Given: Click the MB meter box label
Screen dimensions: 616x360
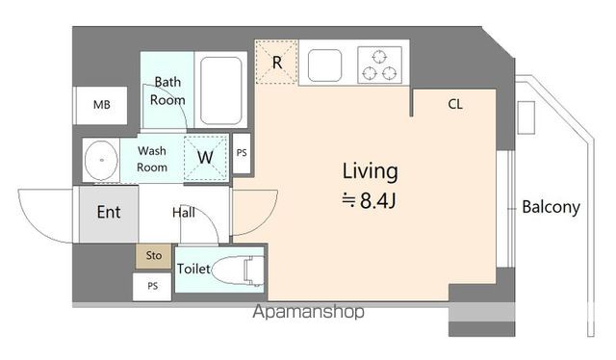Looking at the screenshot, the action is [102, 105].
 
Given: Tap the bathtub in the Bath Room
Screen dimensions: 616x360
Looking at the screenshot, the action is [220, 90].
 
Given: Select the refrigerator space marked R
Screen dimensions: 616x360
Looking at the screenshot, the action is [276, 62].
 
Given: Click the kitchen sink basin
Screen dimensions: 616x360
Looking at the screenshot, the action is [324, 65].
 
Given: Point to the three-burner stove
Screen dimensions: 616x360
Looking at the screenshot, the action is [379, 64].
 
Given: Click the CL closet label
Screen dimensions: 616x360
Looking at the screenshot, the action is [455, 104].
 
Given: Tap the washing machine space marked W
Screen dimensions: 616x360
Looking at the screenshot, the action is [205, 158].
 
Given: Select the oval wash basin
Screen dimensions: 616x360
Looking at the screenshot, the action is [101, 160].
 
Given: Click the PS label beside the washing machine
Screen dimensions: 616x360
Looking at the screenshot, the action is [242, 153].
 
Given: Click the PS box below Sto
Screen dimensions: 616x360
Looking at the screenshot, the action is [152, 286].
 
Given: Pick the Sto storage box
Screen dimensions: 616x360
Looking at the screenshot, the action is [154, 256].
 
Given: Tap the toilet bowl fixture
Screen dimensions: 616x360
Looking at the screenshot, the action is [238, 270].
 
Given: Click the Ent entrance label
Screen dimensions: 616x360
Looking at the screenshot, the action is [109, 212].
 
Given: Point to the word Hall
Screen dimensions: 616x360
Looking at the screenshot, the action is [184, 213].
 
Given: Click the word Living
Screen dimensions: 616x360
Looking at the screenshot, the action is [370, 171].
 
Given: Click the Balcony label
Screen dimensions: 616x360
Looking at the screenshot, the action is [551, 207].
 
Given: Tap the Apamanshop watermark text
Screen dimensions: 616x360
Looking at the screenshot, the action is [308, 312].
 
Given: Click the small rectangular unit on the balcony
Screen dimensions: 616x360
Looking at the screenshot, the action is [526, 117].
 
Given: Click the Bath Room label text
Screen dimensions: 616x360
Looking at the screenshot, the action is [167, 90].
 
